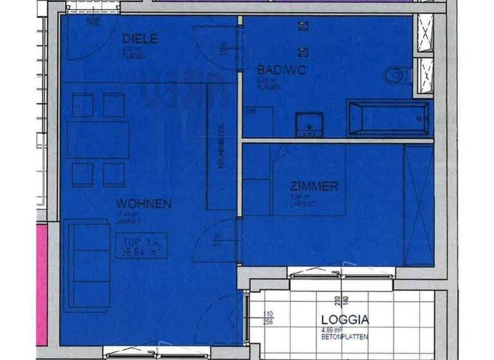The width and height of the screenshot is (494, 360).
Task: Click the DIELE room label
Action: pos(140,39)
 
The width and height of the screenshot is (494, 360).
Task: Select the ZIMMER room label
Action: pos(314,186)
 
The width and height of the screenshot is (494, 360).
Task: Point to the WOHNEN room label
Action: pos(143,204)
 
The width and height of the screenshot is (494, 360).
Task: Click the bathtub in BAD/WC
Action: pos(388,118)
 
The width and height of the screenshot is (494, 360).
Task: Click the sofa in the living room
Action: pos(86,264)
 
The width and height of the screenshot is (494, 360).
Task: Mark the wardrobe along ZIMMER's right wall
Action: pos(418,204)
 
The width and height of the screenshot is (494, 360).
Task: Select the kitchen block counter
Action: pos(220,147)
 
